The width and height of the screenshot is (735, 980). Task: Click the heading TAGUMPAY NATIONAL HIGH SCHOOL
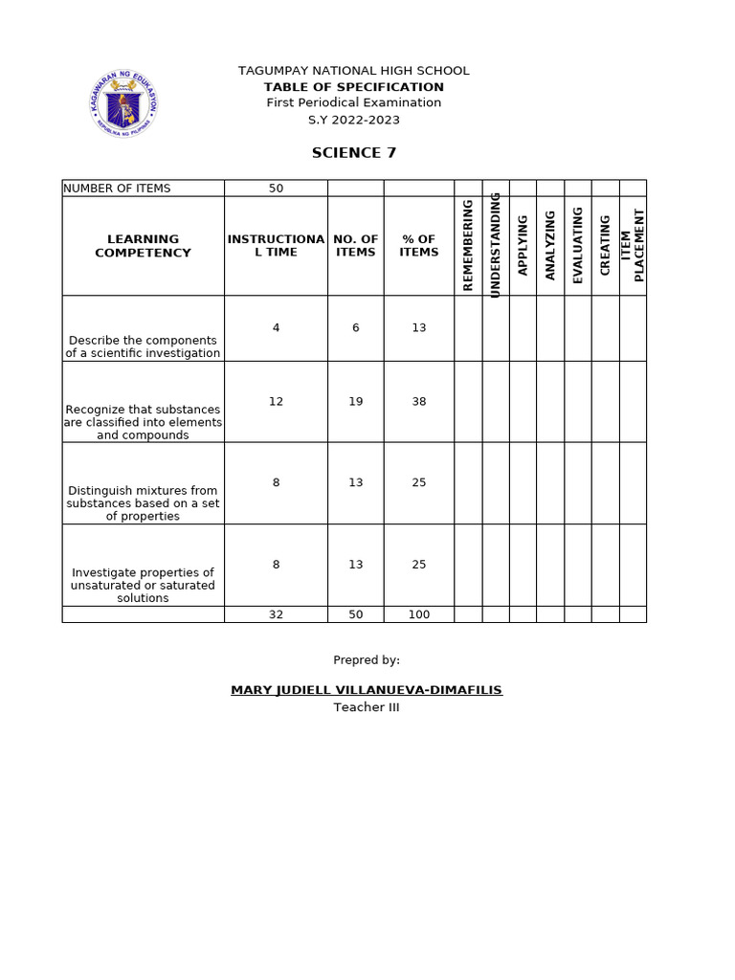tap(353, 71)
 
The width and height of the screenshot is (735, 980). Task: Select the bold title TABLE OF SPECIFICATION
tap(353, 87)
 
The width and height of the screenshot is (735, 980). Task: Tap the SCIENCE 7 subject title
tap(353, 153)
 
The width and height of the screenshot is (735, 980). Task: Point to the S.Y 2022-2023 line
tap(353, 120)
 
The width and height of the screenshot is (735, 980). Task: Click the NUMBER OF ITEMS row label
tap(117, 189)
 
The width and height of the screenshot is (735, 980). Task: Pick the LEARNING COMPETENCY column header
tap(143, 246)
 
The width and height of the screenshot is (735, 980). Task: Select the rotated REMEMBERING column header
tap(468, 245)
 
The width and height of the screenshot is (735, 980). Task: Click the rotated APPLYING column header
tap(523, 245)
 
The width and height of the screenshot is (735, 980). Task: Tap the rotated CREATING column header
tap(605, 245)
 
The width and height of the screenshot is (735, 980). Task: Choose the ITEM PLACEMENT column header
tap(633, 245)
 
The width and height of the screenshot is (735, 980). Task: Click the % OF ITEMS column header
tap(418, 246)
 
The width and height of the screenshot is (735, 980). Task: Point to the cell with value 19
tap(355, 402)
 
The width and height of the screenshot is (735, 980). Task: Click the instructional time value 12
tap(276, 402)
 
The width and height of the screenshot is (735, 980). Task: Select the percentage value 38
tap(418, 402)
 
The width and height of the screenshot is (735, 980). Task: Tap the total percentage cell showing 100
tap(418, 614)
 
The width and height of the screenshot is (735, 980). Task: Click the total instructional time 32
tap(276, 614)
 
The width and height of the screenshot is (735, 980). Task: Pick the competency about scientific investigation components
tap(143, 346)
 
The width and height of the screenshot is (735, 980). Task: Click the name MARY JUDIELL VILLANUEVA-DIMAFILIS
tap(366, 690)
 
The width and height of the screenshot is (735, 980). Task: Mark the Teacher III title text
tap(366, 707)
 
